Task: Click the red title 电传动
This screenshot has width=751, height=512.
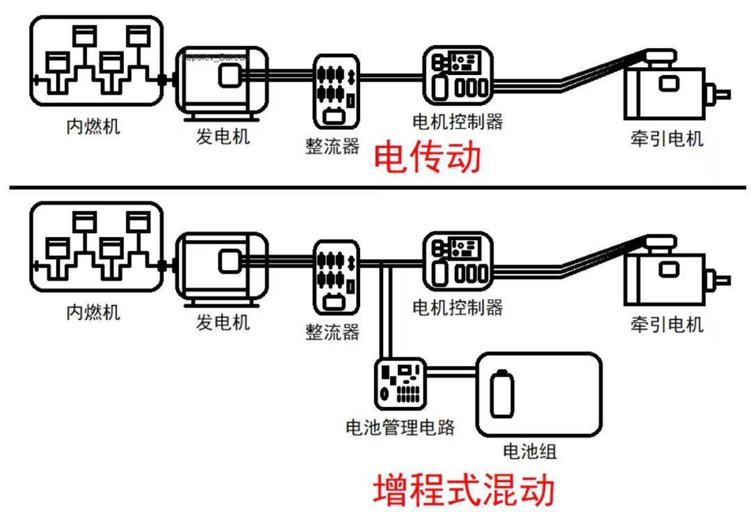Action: point(427,157)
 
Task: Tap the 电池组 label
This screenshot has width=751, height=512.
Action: point(529,452)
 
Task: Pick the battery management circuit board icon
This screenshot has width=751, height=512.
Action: point(400,383)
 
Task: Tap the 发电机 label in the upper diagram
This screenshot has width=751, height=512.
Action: point(223,136)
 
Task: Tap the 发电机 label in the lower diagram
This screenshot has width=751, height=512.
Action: point(223,322)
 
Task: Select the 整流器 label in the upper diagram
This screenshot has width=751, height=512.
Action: point(332,147)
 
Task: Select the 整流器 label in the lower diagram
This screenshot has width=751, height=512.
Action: point(332,333)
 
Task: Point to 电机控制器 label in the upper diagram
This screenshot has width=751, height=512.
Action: point(457,122)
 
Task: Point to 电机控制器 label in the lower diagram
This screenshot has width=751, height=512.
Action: point(457,307)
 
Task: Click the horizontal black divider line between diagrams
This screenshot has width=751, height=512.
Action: point(375,187)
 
